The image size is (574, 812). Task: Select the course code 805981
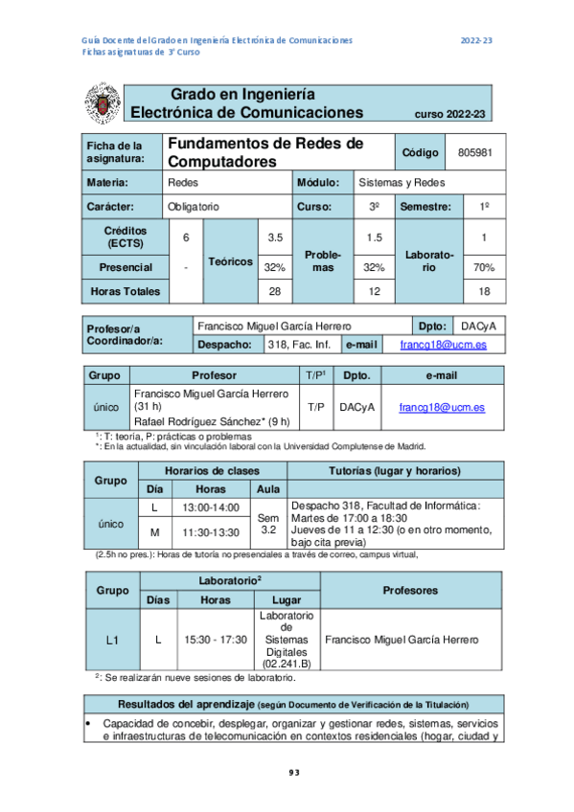(475, 152)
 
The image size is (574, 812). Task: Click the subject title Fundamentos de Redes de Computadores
(265, 152)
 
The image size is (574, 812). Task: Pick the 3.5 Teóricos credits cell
(275, 237)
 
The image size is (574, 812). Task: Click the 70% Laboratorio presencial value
(484, 267)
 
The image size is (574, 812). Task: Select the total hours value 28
(275, 291)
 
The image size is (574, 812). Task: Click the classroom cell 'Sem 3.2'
(269, 522)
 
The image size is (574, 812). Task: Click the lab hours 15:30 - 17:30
(215, 639)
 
